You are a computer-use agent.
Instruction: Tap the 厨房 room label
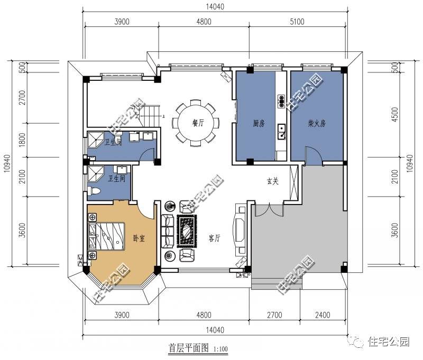coord(259,123)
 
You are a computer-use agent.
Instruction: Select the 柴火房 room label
coord(317,123)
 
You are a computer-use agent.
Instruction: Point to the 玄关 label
coord(272,181)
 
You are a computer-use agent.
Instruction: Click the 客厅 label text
coord(215,238)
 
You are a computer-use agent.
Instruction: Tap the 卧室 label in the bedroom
coord(139,238)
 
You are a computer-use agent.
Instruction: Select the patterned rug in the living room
coord(187,231)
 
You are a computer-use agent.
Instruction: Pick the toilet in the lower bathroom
coord(94,191)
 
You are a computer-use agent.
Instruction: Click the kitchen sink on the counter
coord(281,131)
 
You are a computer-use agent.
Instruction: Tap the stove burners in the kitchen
coord(281,100)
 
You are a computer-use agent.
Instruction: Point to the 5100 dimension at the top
coord(297,22)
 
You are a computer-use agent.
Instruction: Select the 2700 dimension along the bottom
coord(274,315)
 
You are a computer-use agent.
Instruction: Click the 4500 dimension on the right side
coord(394,115)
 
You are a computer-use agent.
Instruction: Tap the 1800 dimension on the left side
coord(22,140)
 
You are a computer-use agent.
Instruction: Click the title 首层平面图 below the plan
coord(189,348)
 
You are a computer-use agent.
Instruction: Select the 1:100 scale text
coord(220,349)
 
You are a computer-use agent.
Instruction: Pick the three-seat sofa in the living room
coord(168,231)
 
